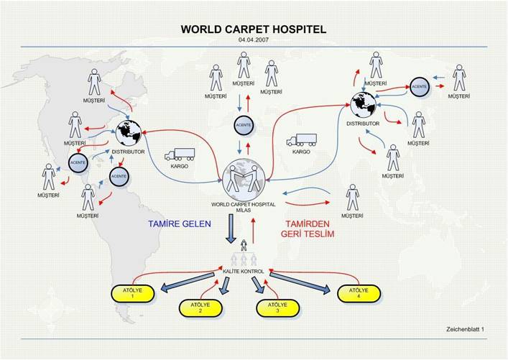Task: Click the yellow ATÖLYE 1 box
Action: click(132, 294)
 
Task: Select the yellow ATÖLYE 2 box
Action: click(200, 308)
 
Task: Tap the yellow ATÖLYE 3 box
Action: click(277, 308)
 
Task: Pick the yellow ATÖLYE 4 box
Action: click(359, 294)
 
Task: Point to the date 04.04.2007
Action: click(254, 40)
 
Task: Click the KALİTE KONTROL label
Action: click(244, 271)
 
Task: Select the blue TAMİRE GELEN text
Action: click(180, 223)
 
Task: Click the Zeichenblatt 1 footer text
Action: click(465, 329)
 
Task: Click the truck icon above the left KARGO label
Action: click(180, 154)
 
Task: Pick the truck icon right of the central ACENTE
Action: click(301, 140)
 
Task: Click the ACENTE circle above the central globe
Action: click(244, 125)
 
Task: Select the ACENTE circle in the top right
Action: click(420, 86)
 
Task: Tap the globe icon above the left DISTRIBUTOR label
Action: click(129, 133)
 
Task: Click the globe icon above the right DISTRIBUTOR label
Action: click(363, 105)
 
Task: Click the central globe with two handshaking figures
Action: click(244, 180)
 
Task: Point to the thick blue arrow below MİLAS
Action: click(231, 229)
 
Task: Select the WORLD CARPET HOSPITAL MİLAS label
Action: click(244, 207)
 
